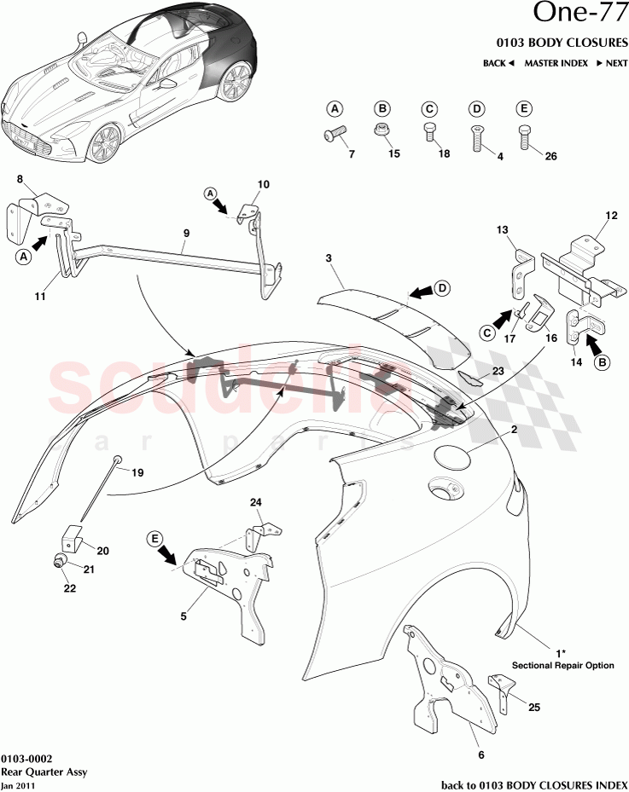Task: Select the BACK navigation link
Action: pos(498,64)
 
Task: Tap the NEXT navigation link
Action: pos(611,64)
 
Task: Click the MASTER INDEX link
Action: pos(556,64)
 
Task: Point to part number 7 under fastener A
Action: pos(350,153)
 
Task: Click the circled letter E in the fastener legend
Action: pos(524,108)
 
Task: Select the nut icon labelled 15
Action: pos(383,130)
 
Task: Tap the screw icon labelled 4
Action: pos(477,136)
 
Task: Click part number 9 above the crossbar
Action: pos(186,233)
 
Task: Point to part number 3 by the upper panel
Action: pos(329,257)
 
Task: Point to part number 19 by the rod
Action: pos(137,471)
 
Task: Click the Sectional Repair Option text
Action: pos(562,665)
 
